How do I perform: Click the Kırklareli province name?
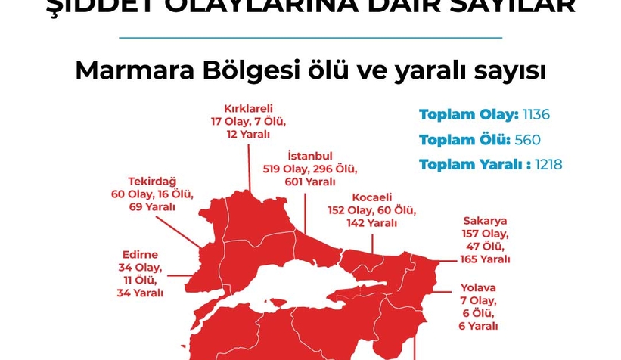[x=248, y=107]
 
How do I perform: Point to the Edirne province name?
[x=140, y=255]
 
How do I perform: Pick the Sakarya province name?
[x=485, y=221]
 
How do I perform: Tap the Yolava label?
[x=478, y=287]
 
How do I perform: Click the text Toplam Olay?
[x=468, y=115]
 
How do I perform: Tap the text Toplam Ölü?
[x=464, y=139]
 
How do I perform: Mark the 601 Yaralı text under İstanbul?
[x=309, y=182]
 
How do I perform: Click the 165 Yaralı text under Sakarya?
[x=485, y=259]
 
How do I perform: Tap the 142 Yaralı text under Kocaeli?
[x=371, y=223]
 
